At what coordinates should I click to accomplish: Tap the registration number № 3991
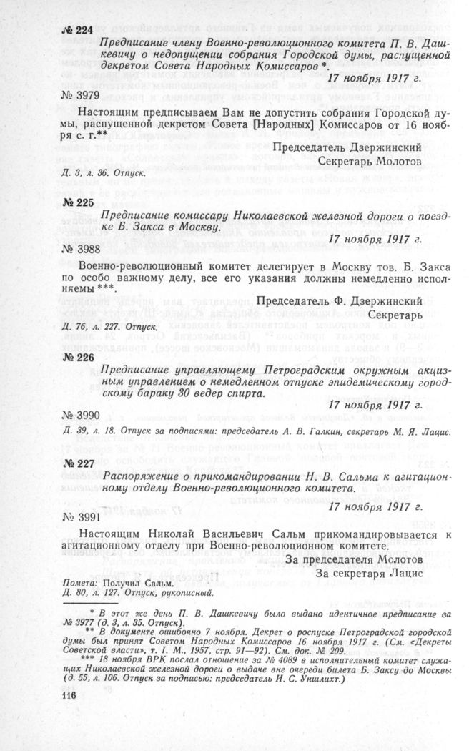point(76,516)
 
